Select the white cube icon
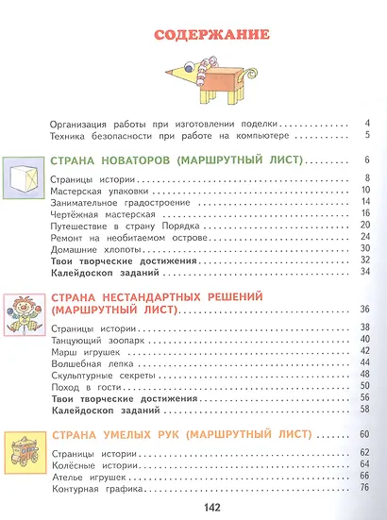pos(29,176)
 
